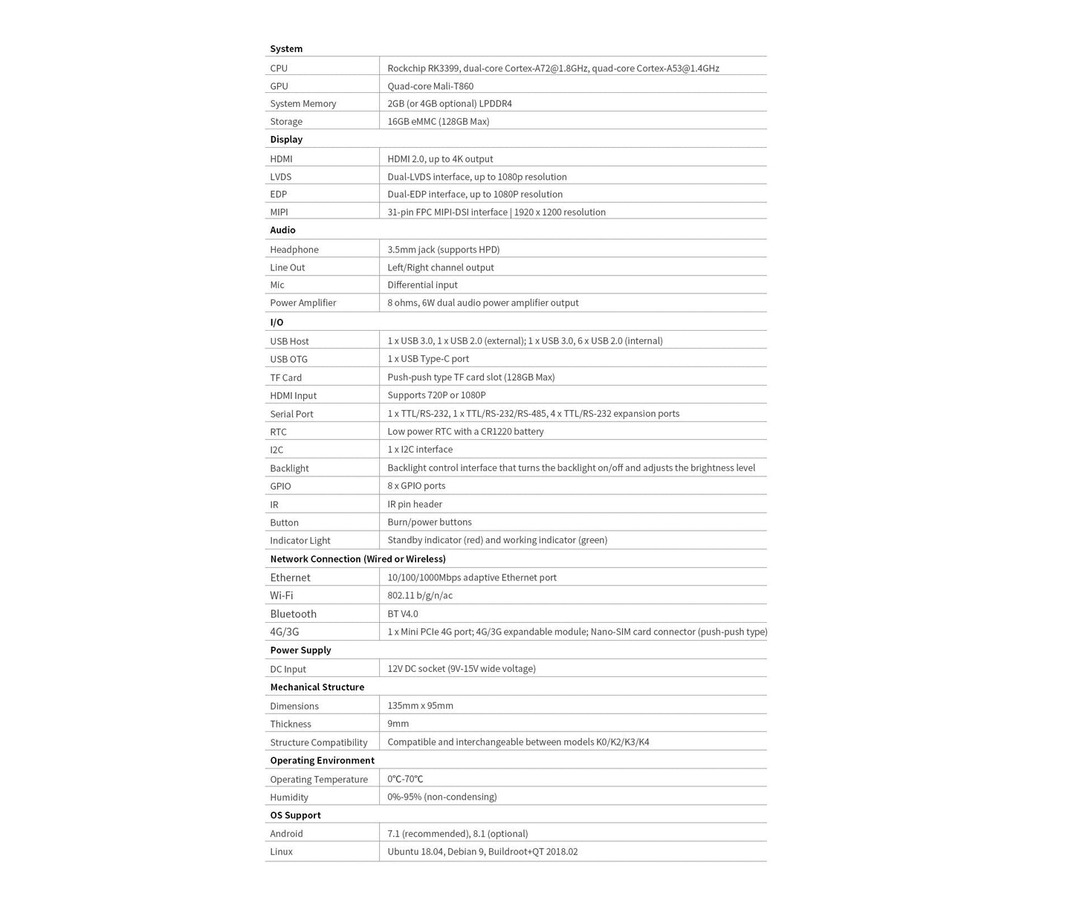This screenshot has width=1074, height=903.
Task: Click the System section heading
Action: (x=286, y=49)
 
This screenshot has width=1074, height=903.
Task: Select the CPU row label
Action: (x=279, y=68)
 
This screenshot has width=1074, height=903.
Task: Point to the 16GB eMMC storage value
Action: (x=438, y=122)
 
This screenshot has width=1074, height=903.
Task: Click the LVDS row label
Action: (x=281, y=177)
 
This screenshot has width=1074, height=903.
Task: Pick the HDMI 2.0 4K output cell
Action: (x=440, y=159)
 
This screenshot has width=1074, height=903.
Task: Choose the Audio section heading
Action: (x=282, y=230)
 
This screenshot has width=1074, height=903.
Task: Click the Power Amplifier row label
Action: (x=303, y=303)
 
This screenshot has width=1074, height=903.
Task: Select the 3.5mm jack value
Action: (x=443, y=250)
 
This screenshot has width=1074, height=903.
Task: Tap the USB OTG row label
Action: (x=288, y=360)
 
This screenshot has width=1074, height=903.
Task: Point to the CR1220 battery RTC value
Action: (x=465, y=432)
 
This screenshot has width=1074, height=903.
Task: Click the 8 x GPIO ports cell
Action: (x=416, y=486)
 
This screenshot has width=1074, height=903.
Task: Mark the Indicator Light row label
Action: (x=300, y=541)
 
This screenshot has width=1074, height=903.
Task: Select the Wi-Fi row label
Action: (x=282, y=596)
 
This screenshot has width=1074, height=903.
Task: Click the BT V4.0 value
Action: (x=403, y=614)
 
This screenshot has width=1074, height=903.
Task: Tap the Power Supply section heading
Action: (x=300, y=650)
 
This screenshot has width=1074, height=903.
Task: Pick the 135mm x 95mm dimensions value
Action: (x=420, y=706)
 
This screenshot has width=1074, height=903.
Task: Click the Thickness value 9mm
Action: (x=398, y=724)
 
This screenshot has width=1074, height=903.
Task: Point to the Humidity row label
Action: (x=289, y=797)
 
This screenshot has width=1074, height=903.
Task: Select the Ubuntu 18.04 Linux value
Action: (x=482, y=852)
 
